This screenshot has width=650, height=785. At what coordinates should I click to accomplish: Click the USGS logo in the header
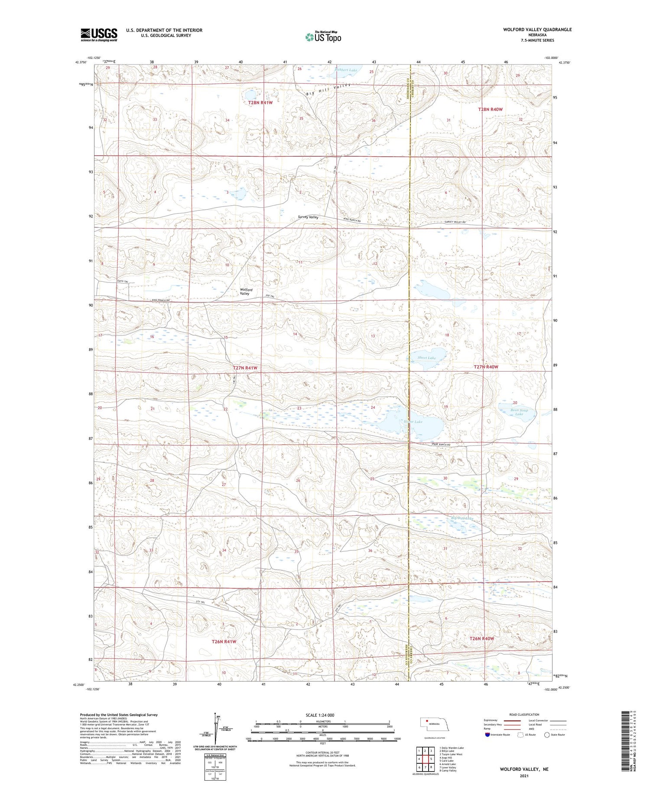(x=99, y=35)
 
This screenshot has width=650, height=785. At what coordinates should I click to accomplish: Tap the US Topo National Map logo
(x=323, y=37)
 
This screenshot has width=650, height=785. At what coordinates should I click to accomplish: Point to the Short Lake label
(x=426, y=358)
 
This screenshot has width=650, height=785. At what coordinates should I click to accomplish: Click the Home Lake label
(x=413, y=422)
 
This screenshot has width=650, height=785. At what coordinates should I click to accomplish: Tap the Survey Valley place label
(x=308, y=217)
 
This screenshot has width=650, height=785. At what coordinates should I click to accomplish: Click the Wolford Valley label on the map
(x=246, y=292)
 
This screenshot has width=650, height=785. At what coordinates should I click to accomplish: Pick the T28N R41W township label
(x=260, y=103)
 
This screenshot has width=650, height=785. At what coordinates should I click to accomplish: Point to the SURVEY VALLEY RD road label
(x=455, y=223)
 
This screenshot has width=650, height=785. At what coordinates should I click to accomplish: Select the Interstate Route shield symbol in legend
(x=488, y=735)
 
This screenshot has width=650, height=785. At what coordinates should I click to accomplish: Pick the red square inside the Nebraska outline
(x=426, y=721)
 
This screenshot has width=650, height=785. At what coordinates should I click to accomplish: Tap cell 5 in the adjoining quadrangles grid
(x=431, y=759)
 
